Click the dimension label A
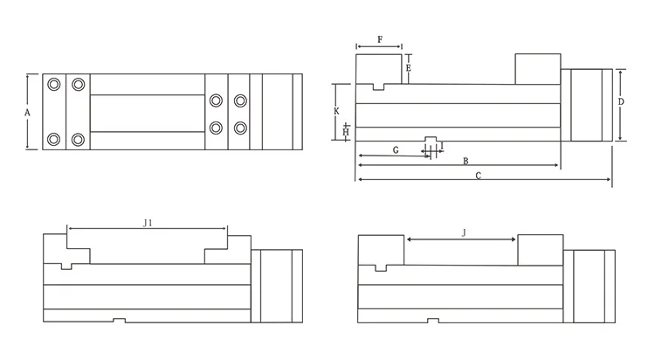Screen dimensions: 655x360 click(27, 113)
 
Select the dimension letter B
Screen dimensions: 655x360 click(465, 161)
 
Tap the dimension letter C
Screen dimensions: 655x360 click(478, 176)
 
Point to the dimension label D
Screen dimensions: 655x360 click(621, 102)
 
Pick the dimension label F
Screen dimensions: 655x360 click(379, 40)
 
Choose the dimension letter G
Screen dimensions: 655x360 click(396, 150)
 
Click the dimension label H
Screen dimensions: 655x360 click(346, 132)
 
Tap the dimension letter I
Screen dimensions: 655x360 click(442, 146)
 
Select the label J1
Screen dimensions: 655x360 click(148, 224)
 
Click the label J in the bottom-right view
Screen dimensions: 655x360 click(464, 232)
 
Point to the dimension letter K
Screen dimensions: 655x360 click(337, 112)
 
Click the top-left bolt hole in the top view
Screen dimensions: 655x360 click(55, 84)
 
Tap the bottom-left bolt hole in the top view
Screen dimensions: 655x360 click(55, 139)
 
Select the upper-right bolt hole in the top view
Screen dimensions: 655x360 click(240, 100)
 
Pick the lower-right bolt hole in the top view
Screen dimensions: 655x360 click(240, 128)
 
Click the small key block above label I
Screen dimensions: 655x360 click(431, 139)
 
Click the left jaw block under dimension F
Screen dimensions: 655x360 click(378, 69)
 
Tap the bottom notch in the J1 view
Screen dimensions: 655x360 click(120, 320)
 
